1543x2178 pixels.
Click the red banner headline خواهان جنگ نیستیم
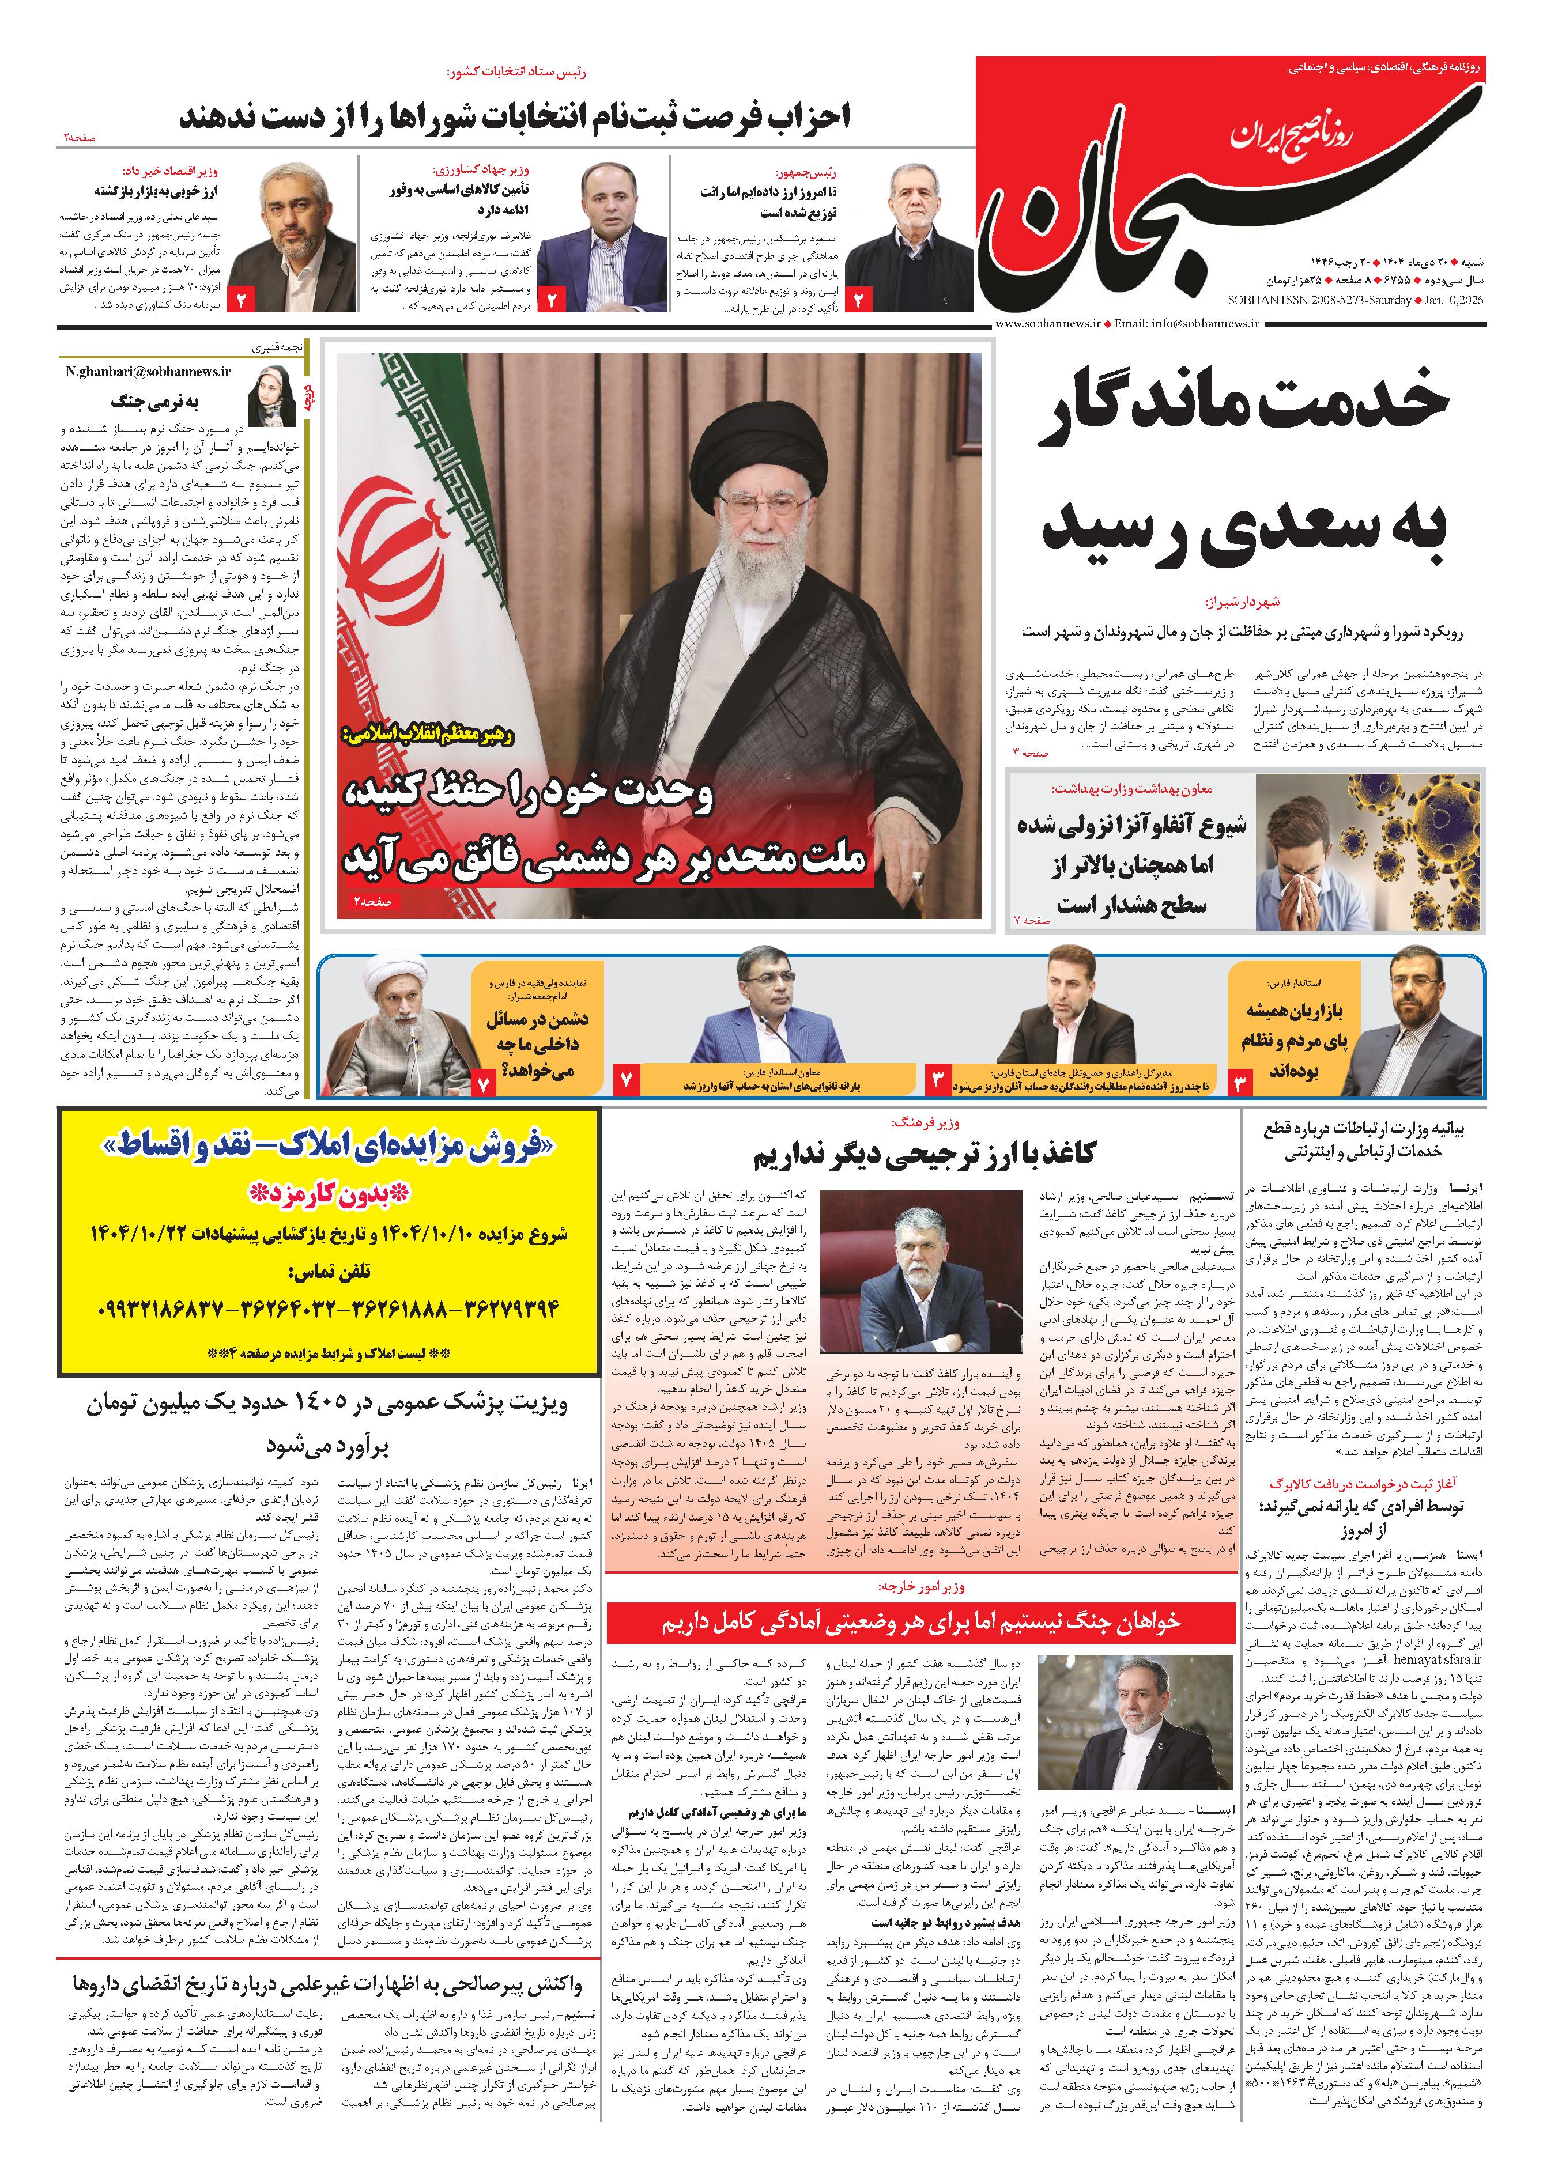point(920,1620)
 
